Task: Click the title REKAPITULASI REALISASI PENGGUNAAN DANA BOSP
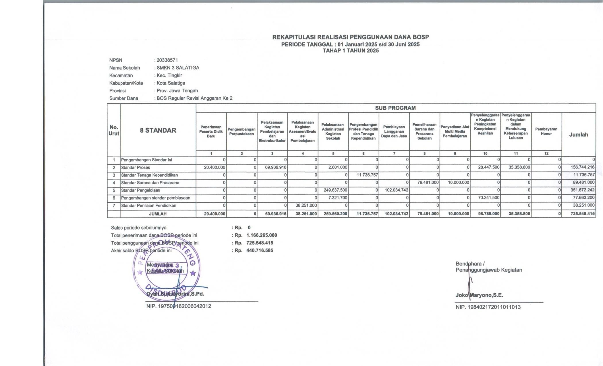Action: [x=350, y=37]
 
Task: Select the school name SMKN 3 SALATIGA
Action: [x=178, y=68]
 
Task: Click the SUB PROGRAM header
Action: [x=395, y=108]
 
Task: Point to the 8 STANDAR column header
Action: [x=158, y=130]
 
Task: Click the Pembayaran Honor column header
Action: [x=546, y=131]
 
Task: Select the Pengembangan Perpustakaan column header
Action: [x=241, y=131]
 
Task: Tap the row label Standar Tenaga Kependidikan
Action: [x=149, y=175]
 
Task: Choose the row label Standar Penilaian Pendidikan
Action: [x=148, y=206]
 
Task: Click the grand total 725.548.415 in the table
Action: [x=583, y=214]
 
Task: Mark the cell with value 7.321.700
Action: [x=337, y=198]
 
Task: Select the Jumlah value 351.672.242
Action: [x=583, y=190]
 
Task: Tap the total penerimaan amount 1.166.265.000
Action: [x=262, y=235]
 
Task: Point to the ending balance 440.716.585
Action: [x=260, y=250]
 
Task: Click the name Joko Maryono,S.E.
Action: [x=479, y=295]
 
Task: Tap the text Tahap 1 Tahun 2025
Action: [x=351, y=51]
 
